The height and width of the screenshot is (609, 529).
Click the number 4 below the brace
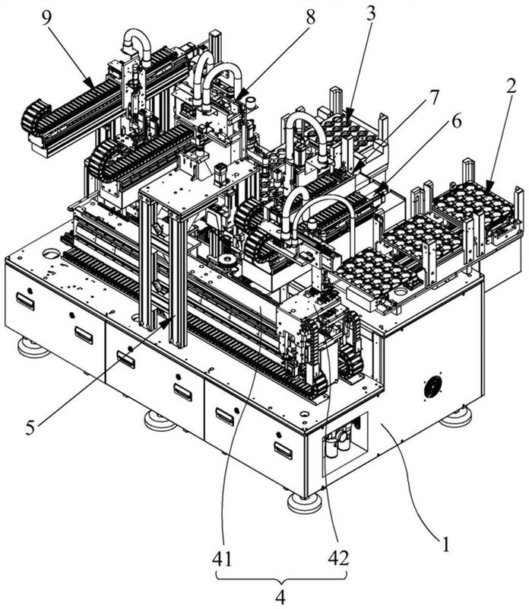tap(280, 597)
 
